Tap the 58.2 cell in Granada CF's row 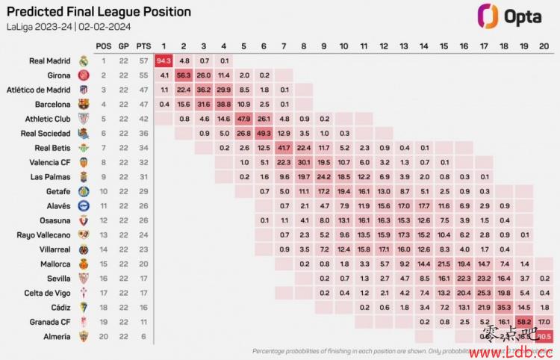524,322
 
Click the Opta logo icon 488,16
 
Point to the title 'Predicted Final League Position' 98,12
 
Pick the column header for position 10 343,46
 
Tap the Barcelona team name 51,105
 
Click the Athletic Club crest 84,119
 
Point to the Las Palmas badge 84,177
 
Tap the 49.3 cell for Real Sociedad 264,133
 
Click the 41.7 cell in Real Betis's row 284,148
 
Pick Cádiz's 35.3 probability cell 504,308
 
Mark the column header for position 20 544,46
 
